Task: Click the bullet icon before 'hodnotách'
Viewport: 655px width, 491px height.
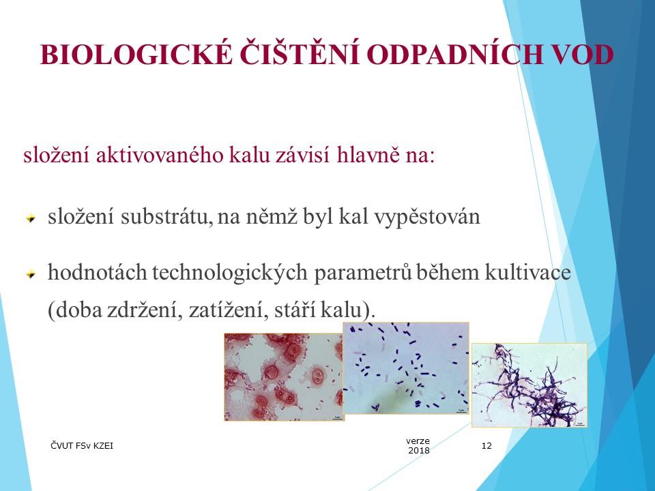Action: click(30, 274)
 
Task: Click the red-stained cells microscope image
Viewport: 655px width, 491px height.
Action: click(282, 376)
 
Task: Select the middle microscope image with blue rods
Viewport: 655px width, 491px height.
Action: click(405, 368)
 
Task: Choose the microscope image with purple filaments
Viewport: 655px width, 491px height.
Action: click(529, 385)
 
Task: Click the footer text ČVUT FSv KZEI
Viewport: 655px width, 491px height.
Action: click(83, 446)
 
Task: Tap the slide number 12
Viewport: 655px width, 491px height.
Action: click(486, 446)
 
